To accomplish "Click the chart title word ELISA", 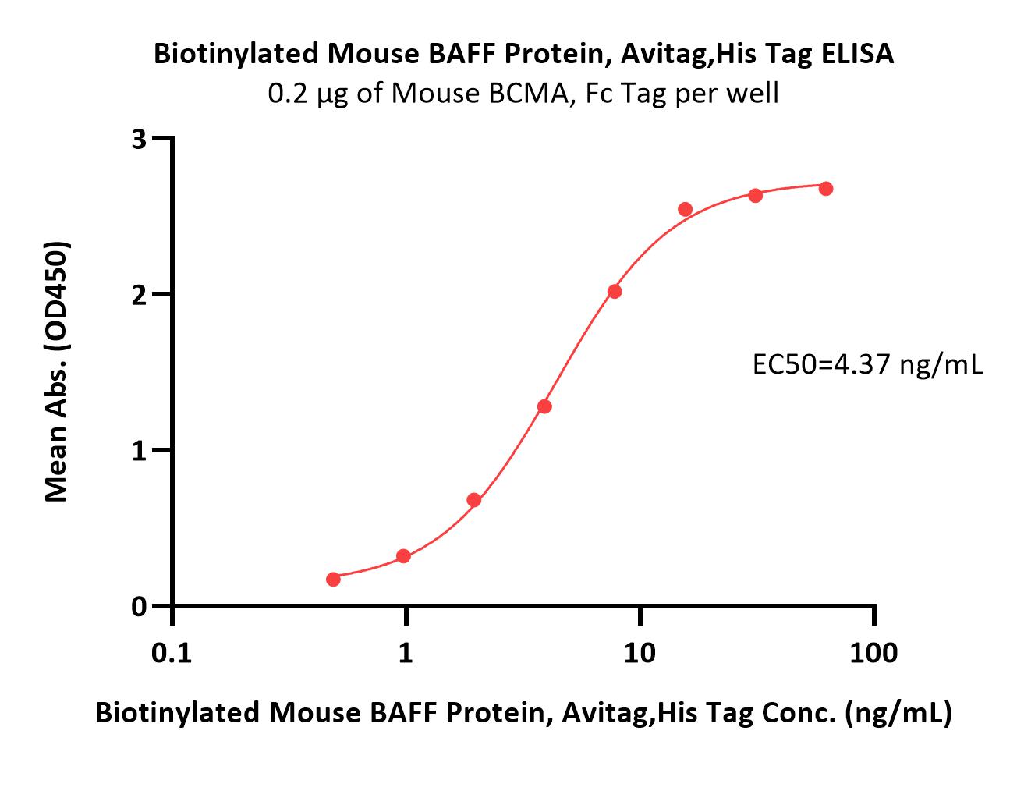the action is point(857,53).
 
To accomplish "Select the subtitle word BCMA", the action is point(529,93).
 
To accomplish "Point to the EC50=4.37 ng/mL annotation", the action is point(868,365).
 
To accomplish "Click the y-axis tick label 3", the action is point(139,139).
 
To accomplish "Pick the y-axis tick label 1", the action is point(139,451).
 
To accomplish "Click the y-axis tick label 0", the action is point(139,606).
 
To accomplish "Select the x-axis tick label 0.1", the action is point(172,654).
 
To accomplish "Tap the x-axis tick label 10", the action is point(640,654).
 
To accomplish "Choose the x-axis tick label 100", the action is point(873,654).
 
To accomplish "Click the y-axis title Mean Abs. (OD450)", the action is point(57,371).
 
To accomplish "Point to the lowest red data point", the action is point(333,579).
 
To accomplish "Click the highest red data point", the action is point(826,189).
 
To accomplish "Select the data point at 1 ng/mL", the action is point(403,556).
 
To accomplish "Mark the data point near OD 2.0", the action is point(615,291).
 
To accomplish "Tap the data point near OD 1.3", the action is point(544,406).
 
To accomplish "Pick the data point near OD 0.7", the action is point(473,500).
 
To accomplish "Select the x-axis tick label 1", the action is point(406,654).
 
